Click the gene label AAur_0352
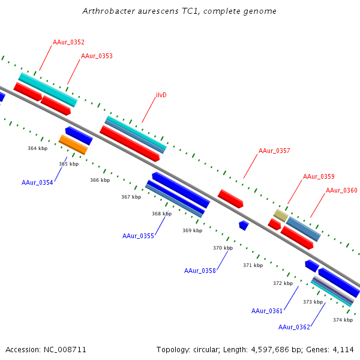[68, 42]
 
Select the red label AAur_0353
[97, 56]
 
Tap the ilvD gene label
[161, 95]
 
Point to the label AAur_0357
[274, 151]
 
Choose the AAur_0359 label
[319, 176]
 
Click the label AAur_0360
[341, 190]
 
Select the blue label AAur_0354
[37, 182]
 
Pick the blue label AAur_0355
[138, 236]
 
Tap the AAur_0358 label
[200, 271]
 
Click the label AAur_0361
[267, 311]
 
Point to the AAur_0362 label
[294, 327]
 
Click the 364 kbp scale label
[37, 148]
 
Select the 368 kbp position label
[161, 214]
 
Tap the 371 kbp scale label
[253, 265]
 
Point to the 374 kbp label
[343, 320]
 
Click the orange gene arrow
[73, 144]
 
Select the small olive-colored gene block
[280, 215]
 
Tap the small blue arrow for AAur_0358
[244, 225]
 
